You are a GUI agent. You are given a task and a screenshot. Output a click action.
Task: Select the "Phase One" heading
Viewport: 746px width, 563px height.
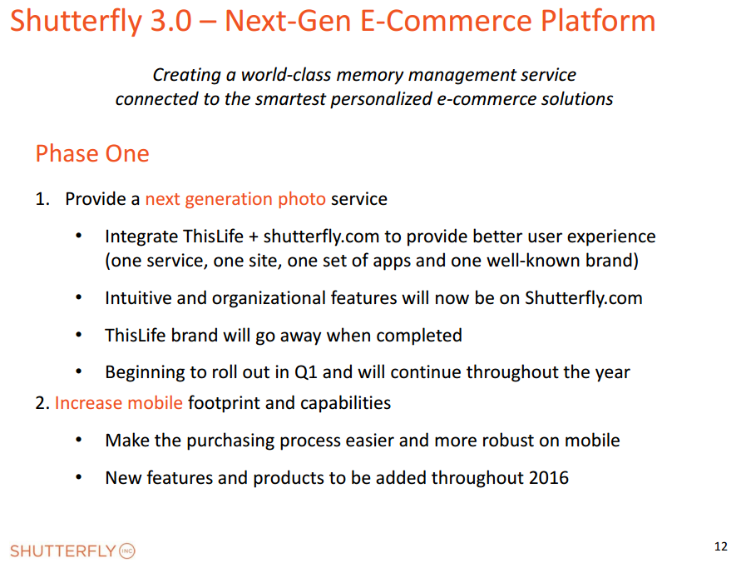click(x=92, y=153)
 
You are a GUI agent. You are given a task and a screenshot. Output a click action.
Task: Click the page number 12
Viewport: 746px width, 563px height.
click(x=721, y=546)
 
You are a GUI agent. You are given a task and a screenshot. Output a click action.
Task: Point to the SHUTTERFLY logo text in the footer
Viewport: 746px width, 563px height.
click(x=63, y=551)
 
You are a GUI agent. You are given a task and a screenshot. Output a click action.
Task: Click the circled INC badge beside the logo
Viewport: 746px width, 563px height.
click(x=127, y=551)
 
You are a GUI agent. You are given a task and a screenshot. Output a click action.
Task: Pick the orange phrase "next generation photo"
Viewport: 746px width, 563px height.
click(x=235, y=199)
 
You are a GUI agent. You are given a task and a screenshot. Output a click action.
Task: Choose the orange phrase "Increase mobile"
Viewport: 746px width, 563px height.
click(x=118, y=403)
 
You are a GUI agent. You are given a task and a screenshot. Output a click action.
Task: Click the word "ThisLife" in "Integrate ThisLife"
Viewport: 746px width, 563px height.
click(x=213, y=237)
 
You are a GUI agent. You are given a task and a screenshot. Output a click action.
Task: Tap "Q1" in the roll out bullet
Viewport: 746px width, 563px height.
click(x=306, y=372)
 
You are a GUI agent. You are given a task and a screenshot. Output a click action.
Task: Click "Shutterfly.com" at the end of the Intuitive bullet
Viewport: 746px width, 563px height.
click(x=584, y=298)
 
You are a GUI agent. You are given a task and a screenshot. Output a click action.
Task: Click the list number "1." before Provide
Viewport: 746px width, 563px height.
click(x=42, y=199)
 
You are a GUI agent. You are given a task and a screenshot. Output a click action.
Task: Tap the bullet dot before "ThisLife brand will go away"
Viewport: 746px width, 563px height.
click(x=78, y=335)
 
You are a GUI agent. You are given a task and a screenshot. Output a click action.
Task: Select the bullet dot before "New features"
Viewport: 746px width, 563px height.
click(x=78, y=476)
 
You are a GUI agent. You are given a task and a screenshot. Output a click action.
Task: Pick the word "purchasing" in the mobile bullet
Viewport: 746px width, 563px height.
click(x=230, y=441)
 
